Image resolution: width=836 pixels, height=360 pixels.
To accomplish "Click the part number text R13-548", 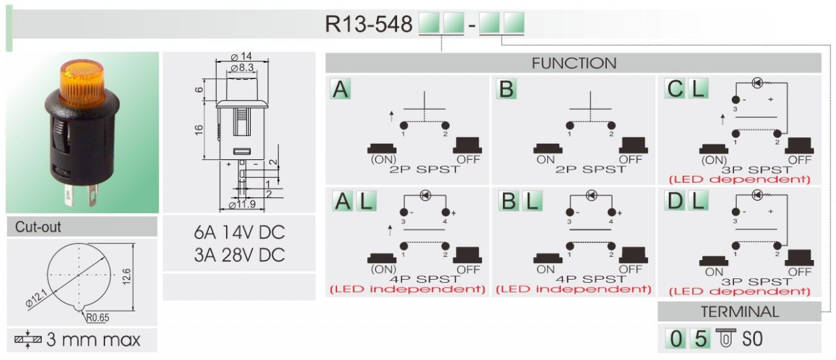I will [368, 24].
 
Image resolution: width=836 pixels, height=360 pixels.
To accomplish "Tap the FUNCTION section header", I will [573, 63].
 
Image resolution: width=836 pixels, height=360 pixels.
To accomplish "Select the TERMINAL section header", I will [739, 312].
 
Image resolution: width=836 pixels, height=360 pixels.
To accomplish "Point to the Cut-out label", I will [39, 227].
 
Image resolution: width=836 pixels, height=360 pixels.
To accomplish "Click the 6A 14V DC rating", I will [239, 233].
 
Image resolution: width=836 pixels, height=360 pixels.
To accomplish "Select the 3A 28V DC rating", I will [239, 255].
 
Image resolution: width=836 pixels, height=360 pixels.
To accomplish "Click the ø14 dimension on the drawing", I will [242, 57].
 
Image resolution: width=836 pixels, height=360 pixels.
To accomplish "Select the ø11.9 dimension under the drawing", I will [242, 206].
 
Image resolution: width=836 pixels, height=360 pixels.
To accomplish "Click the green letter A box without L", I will [340, 89].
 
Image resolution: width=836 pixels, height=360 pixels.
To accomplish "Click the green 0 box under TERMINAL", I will [677, 339].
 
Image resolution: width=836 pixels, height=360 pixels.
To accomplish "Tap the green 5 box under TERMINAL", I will [700, 339].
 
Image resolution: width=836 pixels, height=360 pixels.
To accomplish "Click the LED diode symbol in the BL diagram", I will [592, 195].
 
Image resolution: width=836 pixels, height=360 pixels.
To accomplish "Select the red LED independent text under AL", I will [408, 289].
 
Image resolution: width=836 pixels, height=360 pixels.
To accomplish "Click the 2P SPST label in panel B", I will [589, 169].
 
